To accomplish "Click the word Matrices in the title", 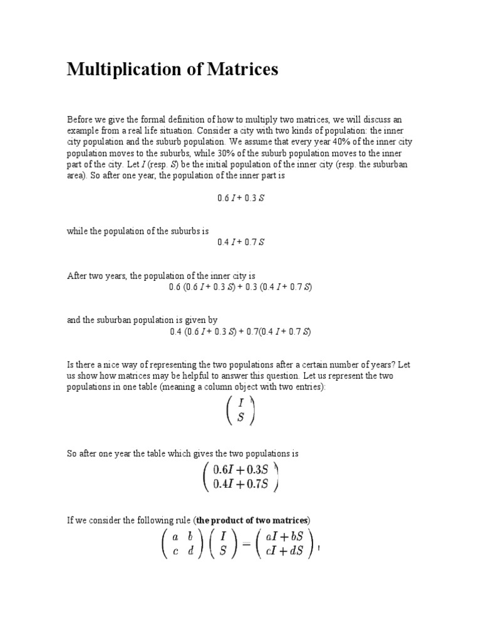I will click(241, 70).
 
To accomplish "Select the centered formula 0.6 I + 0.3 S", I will click(240, 197).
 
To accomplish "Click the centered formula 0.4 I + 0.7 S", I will click(240, 242).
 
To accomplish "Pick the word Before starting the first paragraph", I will click(80, 120).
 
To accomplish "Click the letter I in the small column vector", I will click(240, 404).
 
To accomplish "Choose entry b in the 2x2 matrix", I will click(190, 537).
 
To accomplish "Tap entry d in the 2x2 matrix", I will click(190, 552).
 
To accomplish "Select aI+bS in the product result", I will click(285, 537).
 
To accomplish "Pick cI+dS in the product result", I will click(285, 552).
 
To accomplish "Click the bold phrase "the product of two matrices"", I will click(252, 520).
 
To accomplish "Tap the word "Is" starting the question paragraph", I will click(71, 364).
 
